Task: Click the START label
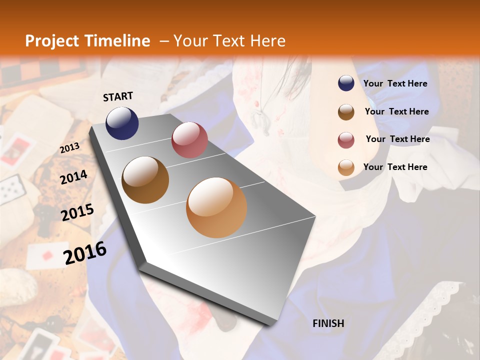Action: [118, 96]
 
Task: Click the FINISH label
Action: [328, 323]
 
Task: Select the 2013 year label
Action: [69, 147]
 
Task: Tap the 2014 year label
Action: [73, 177]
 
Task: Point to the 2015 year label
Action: [77, 212]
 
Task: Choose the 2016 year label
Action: [85, 253]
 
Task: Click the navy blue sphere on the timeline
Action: [122, 123]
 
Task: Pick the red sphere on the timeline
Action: [189, 139]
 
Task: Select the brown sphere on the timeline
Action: [145, 180]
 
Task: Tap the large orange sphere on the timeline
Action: [216, 207]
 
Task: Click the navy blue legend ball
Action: [346, 83]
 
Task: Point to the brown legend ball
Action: [346, 111]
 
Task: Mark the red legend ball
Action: [346, 139]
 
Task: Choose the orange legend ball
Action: [346, 167]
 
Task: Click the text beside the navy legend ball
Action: [395, 83]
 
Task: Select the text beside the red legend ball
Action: [397, 139]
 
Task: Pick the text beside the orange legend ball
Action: [395, 167]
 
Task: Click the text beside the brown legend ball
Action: [396, 111]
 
